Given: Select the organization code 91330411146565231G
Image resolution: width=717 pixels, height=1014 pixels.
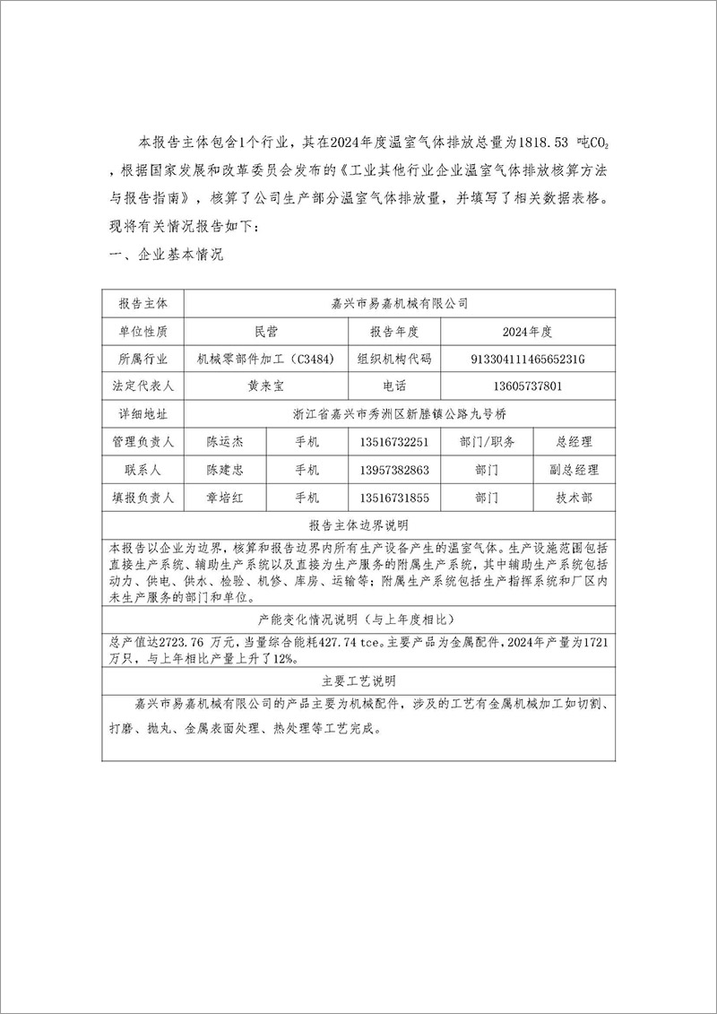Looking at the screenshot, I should coord(527,359).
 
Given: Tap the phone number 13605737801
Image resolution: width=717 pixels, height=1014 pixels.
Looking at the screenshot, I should coord(527,386).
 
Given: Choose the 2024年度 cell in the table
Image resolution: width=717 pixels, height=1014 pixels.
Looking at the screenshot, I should coord(527,332).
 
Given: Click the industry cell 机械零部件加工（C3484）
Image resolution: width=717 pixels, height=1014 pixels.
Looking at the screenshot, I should coord(266,359).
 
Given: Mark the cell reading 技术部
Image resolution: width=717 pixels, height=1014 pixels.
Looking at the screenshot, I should coord(574,498).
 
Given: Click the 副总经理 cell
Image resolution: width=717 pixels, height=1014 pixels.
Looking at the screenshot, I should coord(574,470).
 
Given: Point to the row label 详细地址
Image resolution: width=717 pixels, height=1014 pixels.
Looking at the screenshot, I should coord(143,414).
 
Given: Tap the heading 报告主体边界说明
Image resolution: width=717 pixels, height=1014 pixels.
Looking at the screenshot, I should coord(358,524).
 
